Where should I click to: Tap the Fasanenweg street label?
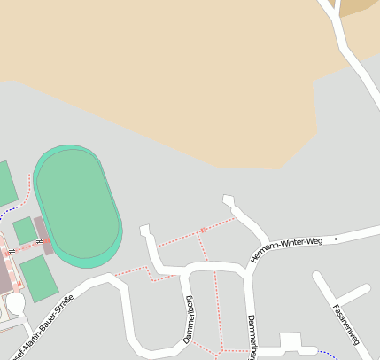(x=345, y=325)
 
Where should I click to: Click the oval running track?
(x=77, y=206)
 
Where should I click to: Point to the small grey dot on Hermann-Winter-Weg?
(x=336, y=239)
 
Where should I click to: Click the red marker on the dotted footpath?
(x=203, y=230)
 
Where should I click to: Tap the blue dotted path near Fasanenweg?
(x=329, y=354)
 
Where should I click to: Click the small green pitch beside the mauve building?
(x=25, y=231)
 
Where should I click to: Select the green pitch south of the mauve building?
(x=38, y=277)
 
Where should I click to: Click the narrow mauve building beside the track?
(x=43, y=235)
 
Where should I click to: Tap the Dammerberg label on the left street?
(x=189, y=320)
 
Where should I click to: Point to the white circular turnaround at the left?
(x=16, y=303)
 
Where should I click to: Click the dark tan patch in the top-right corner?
(x=358, y=6)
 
